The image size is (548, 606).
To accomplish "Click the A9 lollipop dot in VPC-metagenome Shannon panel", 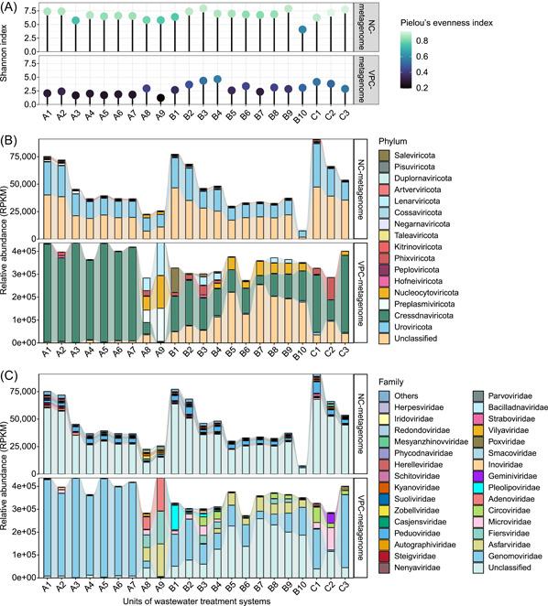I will tap(160, 97).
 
